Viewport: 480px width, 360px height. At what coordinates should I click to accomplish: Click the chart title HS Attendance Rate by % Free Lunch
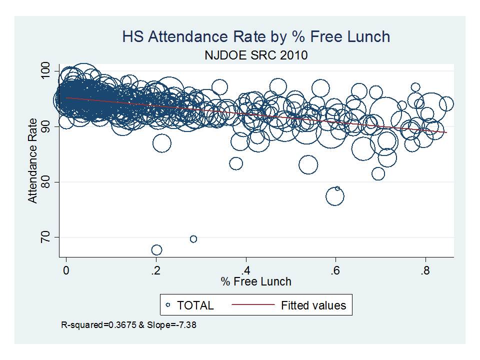[x=255, y=36]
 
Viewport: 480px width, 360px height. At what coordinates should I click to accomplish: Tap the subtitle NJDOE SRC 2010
[x=255, y=54]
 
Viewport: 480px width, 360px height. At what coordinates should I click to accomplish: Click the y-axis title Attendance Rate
[x=33, y=160]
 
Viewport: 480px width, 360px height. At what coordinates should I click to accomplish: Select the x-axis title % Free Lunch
[x=256, y=282]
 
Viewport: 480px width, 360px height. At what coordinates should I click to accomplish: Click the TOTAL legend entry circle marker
[x=168, y=304]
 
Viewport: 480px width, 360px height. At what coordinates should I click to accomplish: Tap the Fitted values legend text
[x=313, y=304]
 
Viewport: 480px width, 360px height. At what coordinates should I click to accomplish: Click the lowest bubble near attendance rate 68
[x=156, y=250]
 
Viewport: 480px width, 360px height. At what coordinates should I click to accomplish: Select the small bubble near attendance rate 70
[x=193, y=239]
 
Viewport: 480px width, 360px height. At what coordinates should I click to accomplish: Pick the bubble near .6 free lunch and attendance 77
[x=335, y=197]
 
